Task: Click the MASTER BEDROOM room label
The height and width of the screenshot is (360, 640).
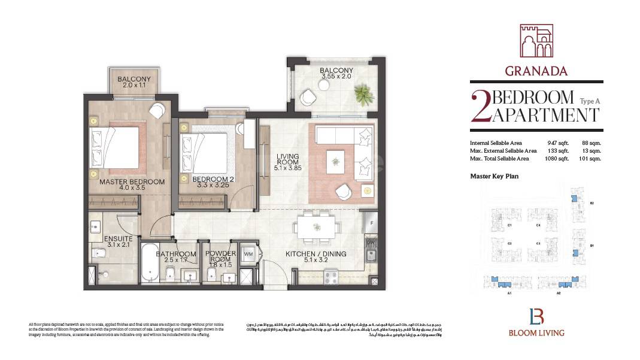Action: [132, 181]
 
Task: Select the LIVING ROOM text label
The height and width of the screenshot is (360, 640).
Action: [287, 159]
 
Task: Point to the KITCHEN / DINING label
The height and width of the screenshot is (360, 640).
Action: [316, 254]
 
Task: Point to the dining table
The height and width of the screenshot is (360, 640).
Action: [316, 227]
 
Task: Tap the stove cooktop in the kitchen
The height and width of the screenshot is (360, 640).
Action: [331, 277]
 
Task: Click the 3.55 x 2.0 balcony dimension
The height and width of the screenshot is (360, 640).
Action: [336, 77]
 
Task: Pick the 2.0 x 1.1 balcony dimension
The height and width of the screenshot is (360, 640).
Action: [134, 86]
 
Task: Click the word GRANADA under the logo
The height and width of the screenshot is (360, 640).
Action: [536, 71]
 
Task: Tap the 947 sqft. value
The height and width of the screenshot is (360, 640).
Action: [557, 143]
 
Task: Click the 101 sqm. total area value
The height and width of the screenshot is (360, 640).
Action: [591, 159]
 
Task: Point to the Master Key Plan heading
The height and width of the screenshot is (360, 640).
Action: [494, 176]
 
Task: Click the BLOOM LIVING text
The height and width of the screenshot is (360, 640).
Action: [536, 332]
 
